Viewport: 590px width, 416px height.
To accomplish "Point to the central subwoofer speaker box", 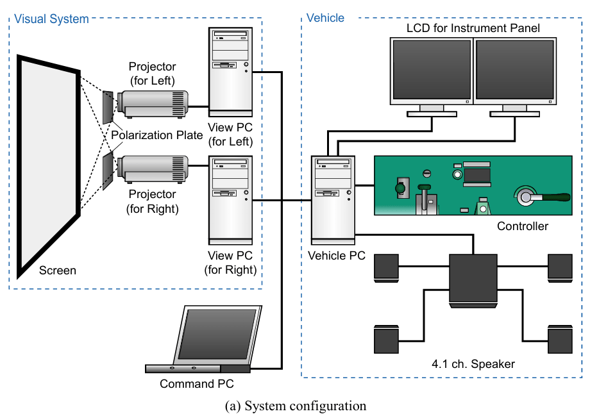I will pos(473,278).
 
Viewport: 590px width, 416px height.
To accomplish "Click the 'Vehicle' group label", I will pos(326,18).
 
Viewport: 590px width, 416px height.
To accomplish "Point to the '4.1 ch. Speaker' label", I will pos(473,364).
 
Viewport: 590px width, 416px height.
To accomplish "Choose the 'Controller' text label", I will pos(523,226).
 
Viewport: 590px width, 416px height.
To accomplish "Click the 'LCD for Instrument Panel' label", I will pos(473,28).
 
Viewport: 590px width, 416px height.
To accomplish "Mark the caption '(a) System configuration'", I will pos(296,406).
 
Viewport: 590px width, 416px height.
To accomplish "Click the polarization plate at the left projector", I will pos(108,106).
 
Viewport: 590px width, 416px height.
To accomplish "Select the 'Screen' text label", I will pos(58,270).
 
